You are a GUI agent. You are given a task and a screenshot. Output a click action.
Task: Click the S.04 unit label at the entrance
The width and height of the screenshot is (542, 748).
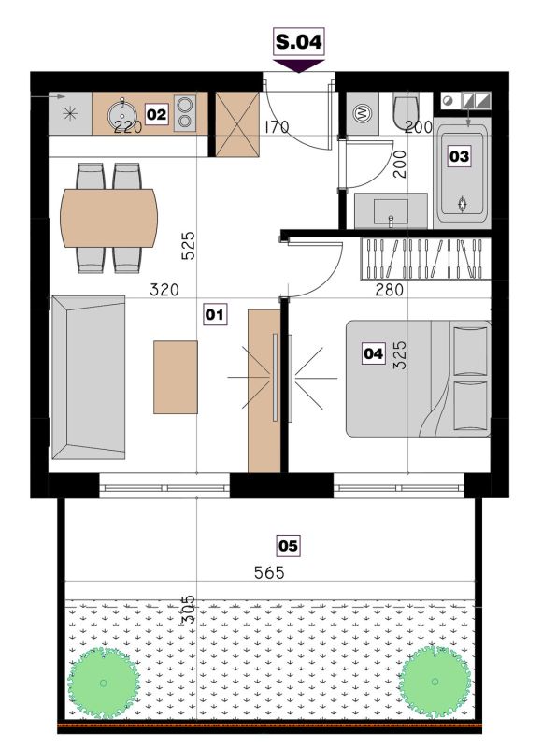coord(299,42)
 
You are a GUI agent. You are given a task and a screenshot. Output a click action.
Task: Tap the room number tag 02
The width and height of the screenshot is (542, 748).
coord(156,114)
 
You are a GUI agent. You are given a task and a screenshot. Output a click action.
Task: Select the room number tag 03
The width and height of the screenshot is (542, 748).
coord(460,156)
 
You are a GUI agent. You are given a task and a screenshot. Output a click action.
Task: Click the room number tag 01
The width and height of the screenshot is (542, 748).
coord(215,315)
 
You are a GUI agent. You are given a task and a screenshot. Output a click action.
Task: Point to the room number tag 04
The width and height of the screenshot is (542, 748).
coord(373,353)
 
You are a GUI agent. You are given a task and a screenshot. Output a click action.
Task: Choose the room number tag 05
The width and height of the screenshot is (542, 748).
coord(289,545)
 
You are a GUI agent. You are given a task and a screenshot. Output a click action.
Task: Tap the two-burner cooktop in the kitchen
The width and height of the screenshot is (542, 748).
coord(185,112)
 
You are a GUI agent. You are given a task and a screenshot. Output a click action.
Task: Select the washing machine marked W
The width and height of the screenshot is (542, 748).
coord(363,113)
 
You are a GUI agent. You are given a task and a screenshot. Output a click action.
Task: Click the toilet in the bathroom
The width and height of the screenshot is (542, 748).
coord(406,111)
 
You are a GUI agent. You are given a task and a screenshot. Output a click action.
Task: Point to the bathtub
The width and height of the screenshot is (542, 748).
coord(463,173)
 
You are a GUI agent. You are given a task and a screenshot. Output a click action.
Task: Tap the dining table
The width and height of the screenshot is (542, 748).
coord(108,218)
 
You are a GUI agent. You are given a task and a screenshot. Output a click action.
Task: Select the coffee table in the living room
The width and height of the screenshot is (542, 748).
coord(176,377)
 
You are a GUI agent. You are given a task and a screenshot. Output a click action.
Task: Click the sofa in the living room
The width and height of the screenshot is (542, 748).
coord(89,378)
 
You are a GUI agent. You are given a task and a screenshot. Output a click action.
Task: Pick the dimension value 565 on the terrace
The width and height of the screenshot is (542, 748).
coord(269,572)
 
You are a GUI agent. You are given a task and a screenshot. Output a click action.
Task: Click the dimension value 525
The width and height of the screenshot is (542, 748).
coord(189,245)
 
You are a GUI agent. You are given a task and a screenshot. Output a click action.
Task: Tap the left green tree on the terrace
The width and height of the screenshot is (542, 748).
coord(104,683)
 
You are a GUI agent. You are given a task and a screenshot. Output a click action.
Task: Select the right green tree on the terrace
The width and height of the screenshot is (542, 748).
coord(435,681)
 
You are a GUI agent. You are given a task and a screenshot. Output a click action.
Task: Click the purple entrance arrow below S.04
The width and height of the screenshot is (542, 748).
coord(299,65)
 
